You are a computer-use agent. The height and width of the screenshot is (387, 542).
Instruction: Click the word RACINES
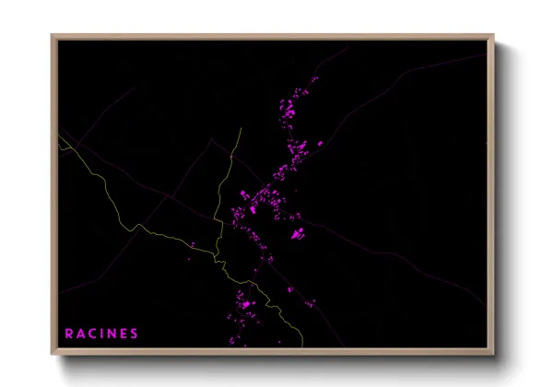pos(101,333)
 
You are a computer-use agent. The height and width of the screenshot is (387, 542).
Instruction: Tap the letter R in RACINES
pos(69,333)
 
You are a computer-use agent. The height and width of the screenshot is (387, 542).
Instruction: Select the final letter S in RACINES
pos(135,333)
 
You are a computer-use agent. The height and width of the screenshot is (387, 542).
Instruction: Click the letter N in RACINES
pos(112,333)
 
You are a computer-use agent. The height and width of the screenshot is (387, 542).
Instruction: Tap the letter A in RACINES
pos(80,333)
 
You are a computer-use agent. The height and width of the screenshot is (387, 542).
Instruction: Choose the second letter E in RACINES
pos(124,333)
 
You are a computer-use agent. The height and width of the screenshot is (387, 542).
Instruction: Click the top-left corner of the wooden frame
pos(52,35)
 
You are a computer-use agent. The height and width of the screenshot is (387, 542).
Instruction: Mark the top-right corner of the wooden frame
pos(494,35)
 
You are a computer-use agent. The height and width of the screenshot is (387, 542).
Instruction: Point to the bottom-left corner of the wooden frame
pos(52,356)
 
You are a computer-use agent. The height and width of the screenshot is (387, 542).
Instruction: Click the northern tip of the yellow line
pos(241,128)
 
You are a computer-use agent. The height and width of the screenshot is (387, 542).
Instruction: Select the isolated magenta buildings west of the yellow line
pos(194,244)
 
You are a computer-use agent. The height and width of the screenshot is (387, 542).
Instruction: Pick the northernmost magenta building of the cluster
pos(314,79)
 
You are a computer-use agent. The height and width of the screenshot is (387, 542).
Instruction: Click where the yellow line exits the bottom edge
pos(304,349)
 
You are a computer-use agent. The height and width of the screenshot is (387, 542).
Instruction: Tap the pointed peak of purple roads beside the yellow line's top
pos(211,140)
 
